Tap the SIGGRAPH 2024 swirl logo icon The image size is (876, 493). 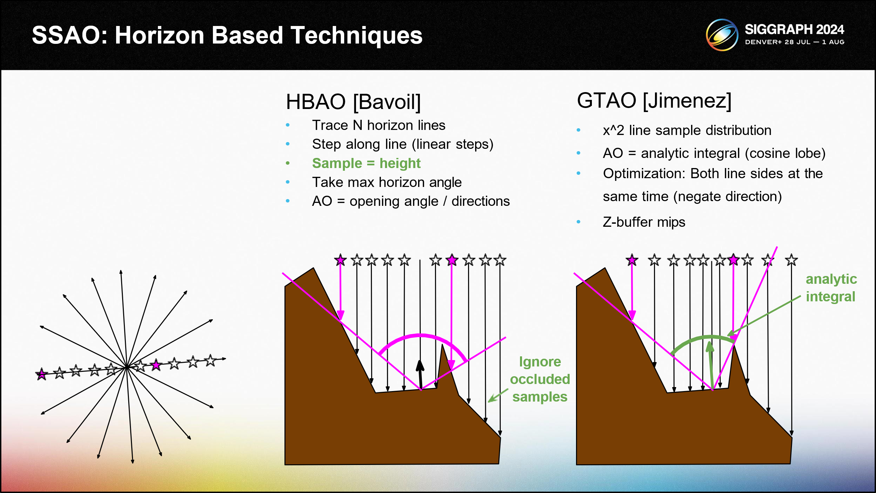click(x=722, y=35)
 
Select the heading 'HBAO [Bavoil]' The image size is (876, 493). click(x=353, y=102)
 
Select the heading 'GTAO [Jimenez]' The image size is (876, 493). click(x=654, y=101)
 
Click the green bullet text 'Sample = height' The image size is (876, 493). click(x=366, y=164)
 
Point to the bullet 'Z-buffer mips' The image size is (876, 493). click(x=644, y=222)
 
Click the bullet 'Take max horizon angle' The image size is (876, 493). click(x=387, y=183)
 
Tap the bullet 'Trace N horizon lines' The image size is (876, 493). click(x=379, y=126)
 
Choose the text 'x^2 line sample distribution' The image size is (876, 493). click(x=687, y=131)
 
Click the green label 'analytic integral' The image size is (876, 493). click(x=831, y=287)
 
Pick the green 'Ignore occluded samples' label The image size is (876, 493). click(x=540, y=379)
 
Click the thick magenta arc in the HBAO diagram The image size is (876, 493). click(x=421, y=336)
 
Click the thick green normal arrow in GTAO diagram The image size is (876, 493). click(x=710, y=365)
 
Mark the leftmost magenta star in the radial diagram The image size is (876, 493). click(x=42, y=374)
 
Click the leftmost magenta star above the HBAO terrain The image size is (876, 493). click(x=340, y=261)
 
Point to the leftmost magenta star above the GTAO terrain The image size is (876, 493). click(x=632, y=261)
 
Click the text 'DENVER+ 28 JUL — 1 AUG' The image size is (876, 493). click(x=794, y=42)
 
